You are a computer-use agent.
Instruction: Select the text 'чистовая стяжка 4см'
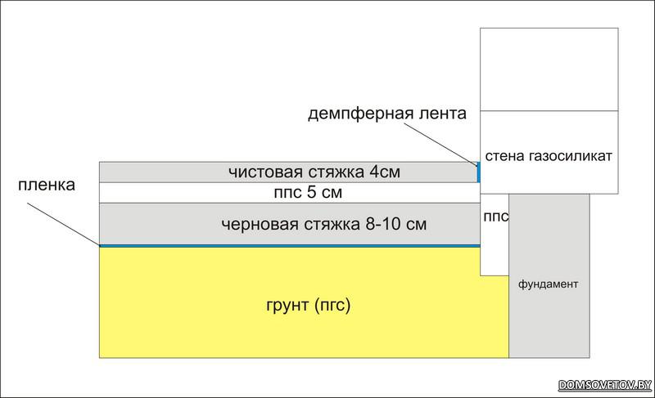click(316, 172)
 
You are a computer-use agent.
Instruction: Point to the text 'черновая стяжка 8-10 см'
click(325, 223)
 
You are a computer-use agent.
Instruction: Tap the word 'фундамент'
click(549, 285)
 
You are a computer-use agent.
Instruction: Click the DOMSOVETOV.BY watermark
click(604, 385)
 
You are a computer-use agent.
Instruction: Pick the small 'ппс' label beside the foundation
click(495, 217)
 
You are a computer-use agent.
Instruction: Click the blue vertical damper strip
click(479, 172)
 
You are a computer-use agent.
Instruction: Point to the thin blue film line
click(287, 245)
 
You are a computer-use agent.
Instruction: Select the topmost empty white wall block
click(548, 69)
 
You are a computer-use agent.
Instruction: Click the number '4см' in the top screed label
click(385, 172)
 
